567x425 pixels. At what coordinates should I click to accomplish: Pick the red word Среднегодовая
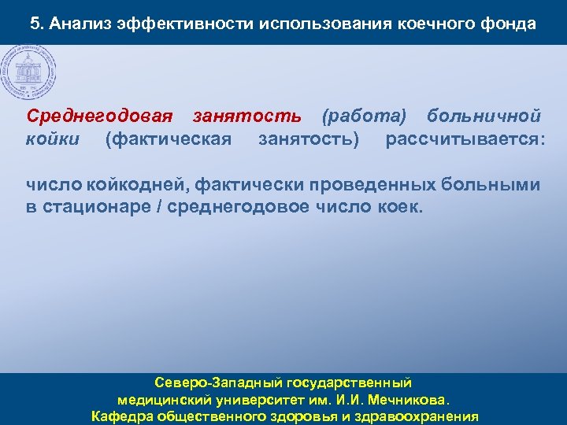coord(99,116)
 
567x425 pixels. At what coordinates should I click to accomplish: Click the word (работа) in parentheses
coord(365,116)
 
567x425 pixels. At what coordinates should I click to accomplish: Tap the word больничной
coord(484,116)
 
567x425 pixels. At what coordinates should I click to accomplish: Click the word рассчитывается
coord(465,139)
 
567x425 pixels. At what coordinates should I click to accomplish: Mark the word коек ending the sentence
coord(403,208)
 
